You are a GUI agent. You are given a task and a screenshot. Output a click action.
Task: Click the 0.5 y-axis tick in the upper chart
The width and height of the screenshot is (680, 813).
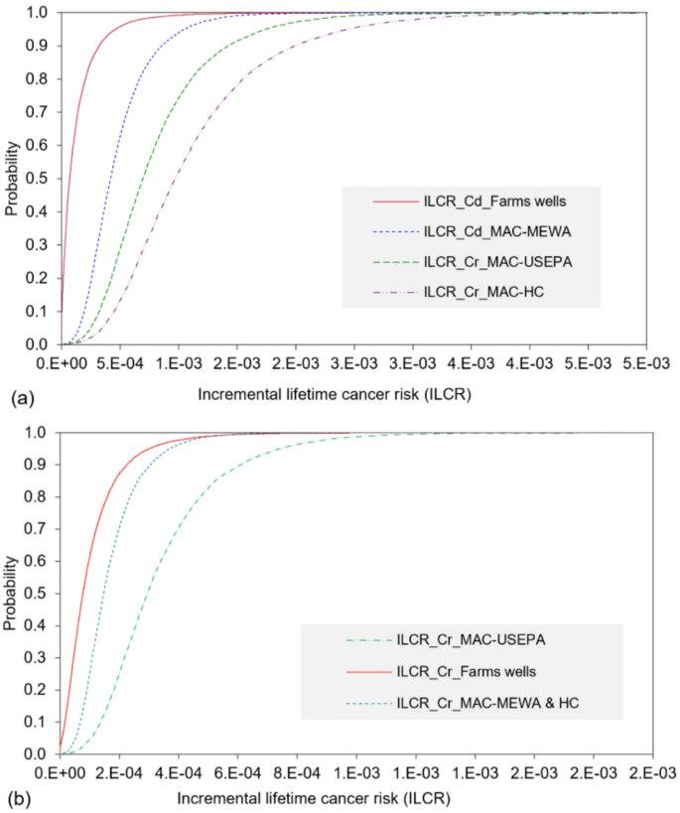click(39, 179)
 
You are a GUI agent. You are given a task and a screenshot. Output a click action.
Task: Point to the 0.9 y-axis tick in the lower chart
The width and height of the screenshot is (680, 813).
click(39, 464)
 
